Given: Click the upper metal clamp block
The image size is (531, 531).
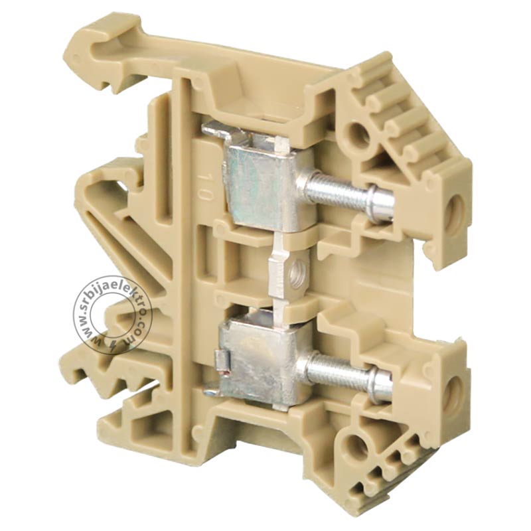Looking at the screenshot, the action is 259,183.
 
